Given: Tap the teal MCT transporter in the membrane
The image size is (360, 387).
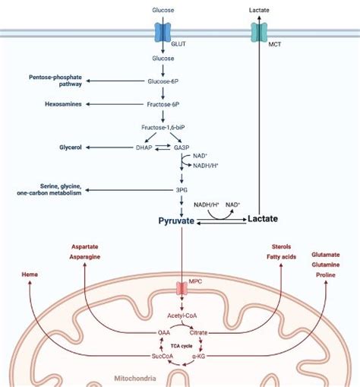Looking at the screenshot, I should coord(261,33).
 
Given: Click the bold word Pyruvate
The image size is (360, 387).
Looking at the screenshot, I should coord(176,220).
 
